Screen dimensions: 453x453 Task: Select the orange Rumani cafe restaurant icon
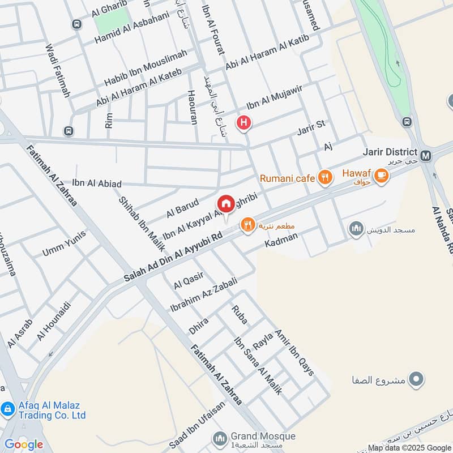click(324, 178)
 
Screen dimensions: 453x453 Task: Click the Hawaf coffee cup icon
click(382, 176)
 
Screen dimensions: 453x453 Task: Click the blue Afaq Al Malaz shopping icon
click(7, 408)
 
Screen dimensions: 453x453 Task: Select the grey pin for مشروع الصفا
click(417, 379)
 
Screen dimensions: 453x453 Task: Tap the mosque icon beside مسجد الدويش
click(356, 229)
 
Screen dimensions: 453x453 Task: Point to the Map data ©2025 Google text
click(409, 447)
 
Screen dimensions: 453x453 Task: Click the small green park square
click(106, 22)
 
